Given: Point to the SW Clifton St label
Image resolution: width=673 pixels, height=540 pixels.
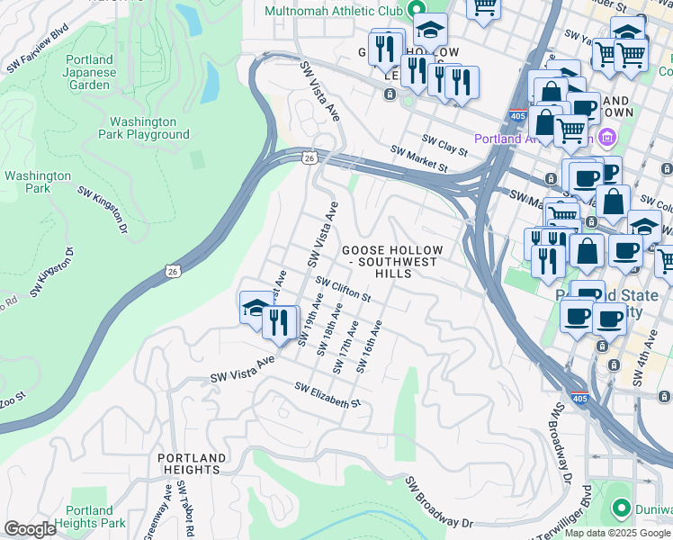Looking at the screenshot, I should click(x=344, y=290).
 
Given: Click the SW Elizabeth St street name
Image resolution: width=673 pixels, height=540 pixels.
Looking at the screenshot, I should click(x=328, y=394).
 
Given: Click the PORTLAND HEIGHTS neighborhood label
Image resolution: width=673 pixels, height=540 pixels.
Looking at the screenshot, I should click(x=189, y=463).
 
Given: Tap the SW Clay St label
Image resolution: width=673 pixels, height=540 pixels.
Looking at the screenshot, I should click(x=445, y=145).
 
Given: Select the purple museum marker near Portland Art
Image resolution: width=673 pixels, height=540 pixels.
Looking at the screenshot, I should click(x=606, y=138).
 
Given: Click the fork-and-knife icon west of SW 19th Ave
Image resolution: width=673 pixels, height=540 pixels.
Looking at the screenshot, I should click(x=280, y=321).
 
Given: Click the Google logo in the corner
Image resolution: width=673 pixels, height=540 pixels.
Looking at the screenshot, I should click(x=30, y=529).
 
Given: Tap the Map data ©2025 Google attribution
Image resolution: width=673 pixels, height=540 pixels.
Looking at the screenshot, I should click(x=618, y=533).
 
